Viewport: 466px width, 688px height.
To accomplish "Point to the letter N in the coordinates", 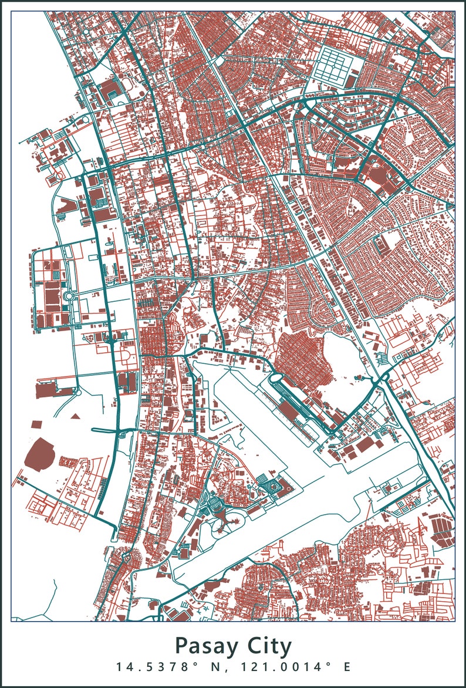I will tap(217, 667).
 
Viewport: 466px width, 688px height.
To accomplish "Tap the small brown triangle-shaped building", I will tap(75, 416).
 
